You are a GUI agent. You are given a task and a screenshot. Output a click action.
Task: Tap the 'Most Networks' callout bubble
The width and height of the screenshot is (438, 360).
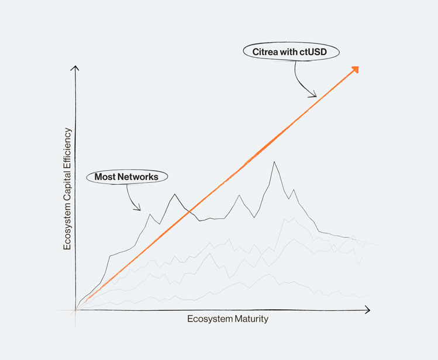click(x=127, y=176)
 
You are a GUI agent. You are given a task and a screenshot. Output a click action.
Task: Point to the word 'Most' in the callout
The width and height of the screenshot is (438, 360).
click(x=106, y=176)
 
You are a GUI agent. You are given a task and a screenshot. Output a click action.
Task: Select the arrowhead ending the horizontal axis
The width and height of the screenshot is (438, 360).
click(x=368, y=310)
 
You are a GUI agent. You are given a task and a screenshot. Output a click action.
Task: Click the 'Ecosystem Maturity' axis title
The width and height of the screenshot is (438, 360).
click(x=227, y=319)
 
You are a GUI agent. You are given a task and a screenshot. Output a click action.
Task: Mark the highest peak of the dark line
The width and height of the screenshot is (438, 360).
click(x=273, y=162)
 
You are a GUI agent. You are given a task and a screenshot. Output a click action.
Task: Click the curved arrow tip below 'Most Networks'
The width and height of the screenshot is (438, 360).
click(x=139, y=209)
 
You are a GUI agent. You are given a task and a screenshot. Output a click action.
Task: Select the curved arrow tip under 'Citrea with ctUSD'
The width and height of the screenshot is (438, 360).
click(x=315, y=96)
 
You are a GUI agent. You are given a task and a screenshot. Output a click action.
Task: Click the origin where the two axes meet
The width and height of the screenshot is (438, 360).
click(x=75, y=310)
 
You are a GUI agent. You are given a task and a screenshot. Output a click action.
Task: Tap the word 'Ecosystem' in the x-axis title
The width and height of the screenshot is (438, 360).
click(x=208, y=319)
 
